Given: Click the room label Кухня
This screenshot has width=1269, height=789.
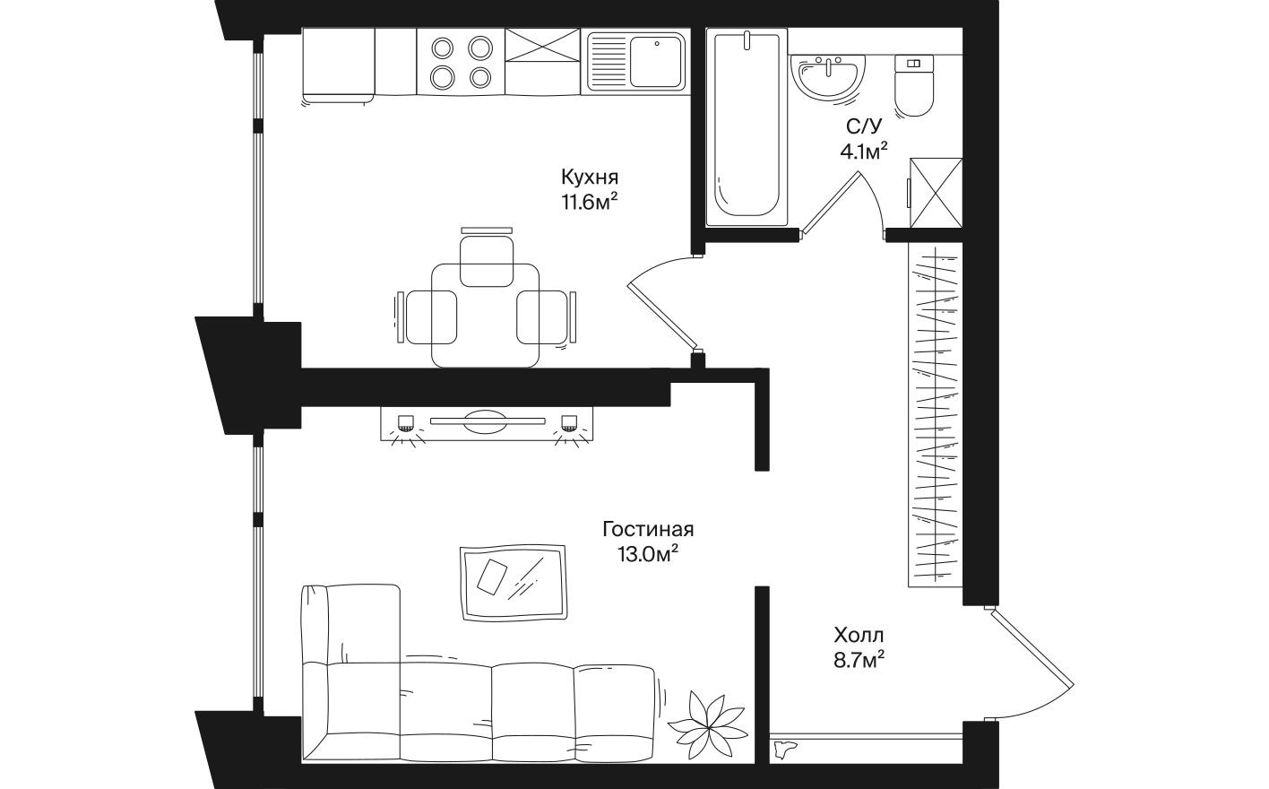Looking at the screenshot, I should coord(590,176).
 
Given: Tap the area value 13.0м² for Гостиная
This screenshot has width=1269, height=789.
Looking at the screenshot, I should coord(646,554).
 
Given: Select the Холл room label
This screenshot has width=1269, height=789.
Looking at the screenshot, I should coord(859,636).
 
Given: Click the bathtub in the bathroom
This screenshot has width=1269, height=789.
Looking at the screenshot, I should coord(747,126).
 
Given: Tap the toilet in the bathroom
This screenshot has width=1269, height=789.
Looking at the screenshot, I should coord(914,86).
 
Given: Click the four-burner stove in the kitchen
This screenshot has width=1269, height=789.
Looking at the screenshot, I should coord(461,61).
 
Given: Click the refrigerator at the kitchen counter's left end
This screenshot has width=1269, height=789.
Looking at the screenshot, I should coord(338,65).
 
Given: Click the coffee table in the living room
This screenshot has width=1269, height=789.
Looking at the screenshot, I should coord(513,583).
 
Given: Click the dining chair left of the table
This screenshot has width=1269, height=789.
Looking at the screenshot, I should coord(427,317).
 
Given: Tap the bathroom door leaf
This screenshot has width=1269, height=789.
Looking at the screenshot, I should coord(830,203).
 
